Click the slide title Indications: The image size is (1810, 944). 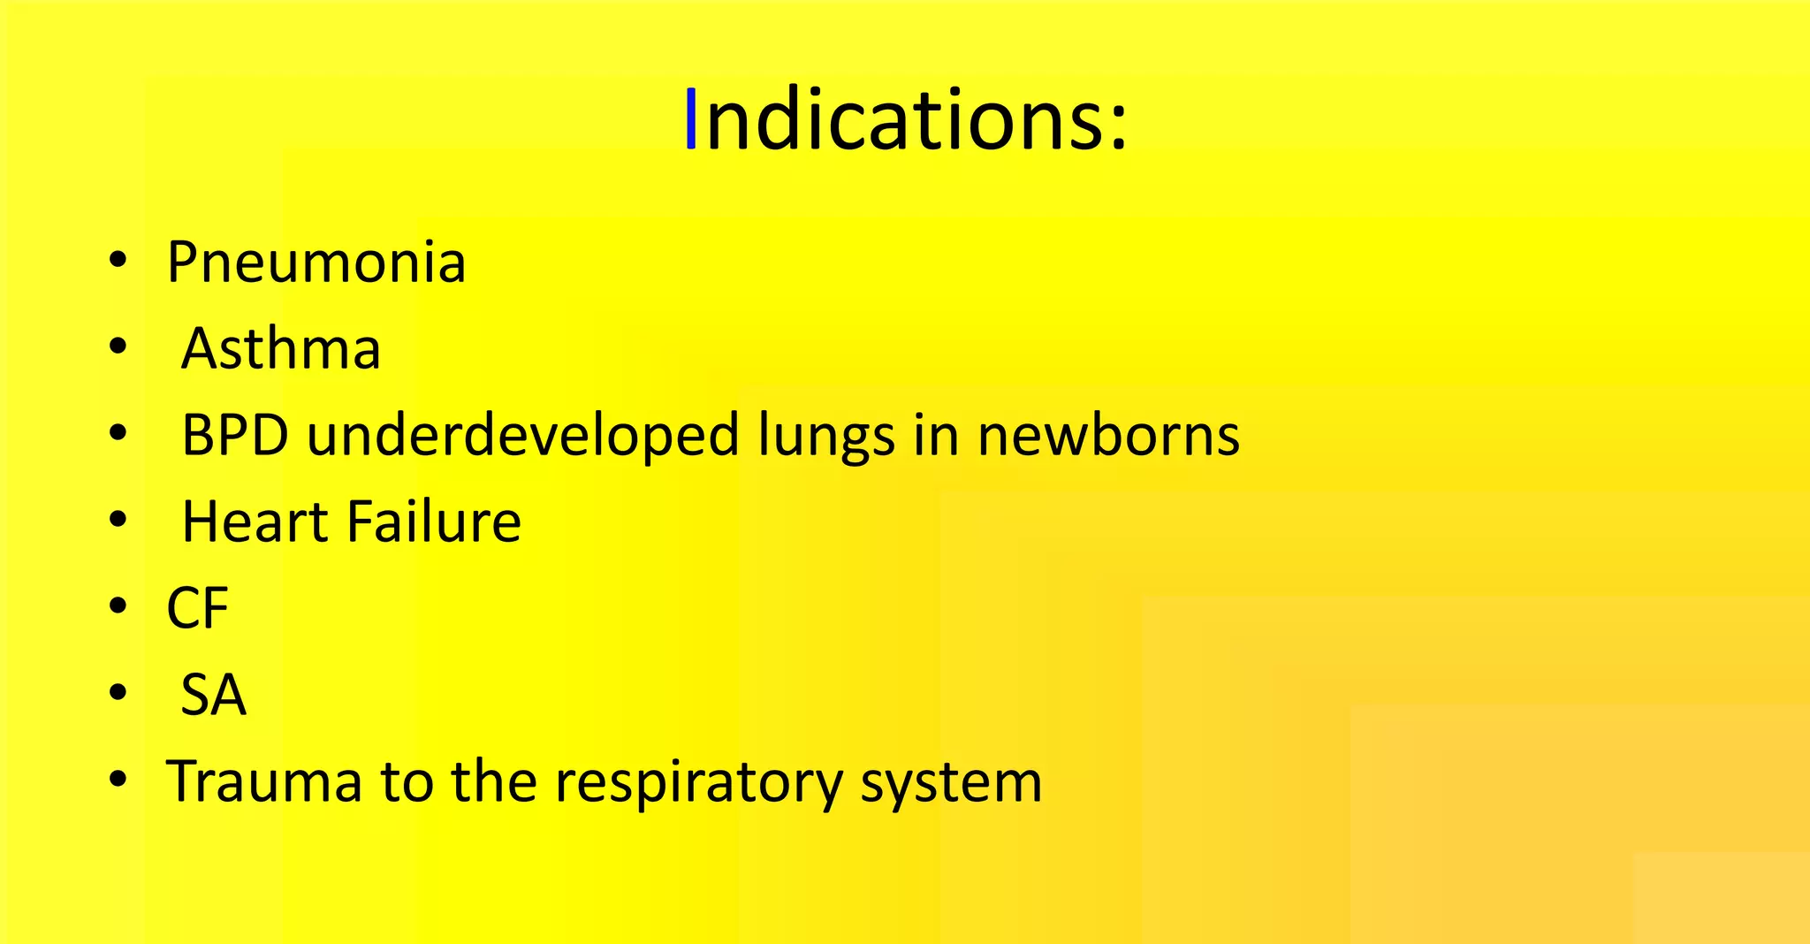pos(908,120)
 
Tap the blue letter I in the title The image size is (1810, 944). pos(691,119)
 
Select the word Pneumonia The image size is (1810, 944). pos(316,263)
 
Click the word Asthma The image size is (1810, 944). pos(281,348)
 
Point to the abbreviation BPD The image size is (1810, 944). pos(235,435)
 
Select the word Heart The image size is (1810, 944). pos(255,521)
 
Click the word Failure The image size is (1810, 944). pos(434,521)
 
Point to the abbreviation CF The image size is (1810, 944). pos(197,608)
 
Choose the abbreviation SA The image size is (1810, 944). pos(213,695)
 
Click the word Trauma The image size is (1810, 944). pos(264,781)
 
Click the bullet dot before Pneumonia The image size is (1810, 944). pos(118,261)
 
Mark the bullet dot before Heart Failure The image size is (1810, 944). pos(118,521)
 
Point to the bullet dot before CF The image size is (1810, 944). pos(118,606)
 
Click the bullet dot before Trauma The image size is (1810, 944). pos(118,780)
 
